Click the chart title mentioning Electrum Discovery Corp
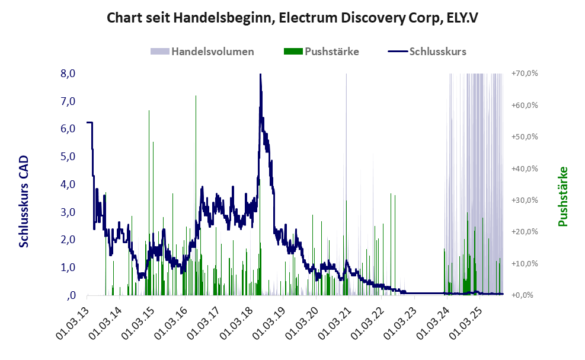coord(292,18)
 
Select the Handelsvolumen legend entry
coord(212,51)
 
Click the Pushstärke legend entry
coord(331,51)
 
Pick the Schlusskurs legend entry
coord(437,51)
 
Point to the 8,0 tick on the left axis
coord(68,74)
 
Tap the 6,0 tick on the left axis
coord(68,129)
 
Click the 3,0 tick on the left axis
coord(68,212)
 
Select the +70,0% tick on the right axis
coord(524,74)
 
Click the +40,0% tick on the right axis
coord(524,168)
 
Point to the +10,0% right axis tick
coord(524,263)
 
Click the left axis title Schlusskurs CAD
coord(24,202)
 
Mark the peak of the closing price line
coord(260,74)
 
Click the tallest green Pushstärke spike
coord(196,96)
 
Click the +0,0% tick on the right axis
coord(524,295)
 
